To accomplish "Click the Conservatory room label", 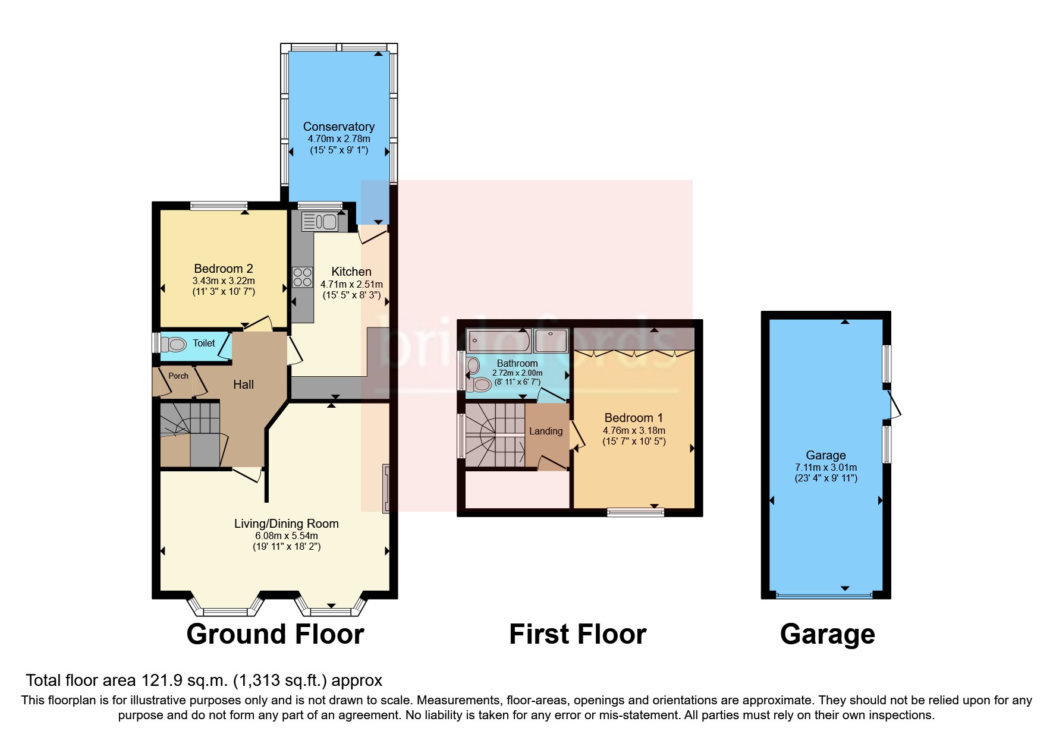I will pos(338,127).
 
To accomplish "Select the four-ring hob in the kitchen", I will pos(302,278).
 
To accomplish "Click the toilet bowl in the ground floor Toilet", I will pos(174,344).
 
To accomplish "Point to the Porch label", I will pos(178,376).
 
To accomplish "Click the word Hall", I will pos(243,385).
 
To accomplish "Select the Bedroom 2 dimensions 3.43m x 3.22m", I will pos(224,281).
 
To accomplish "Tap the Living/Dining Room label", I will pos(286,524).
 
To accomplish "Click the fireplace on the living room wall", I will pos(385,488).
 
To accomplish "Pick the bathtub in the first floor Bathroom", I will pos(498,341).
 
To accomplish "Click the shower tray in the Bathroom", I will pos(551,341).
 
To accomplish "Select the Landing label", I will pos(545,432).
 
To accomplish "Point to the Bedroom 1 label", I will pos(633,418).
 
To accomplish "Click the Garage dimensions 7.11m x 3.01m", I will pos(826,467).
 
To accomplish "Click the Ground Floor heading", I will pos(275,634).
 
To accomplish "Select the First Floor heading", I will pos(577,634).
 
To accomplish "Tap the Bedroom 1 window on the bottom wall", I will pos(635,512).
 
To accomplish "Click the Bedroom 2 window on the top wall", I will pos(218,206).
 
